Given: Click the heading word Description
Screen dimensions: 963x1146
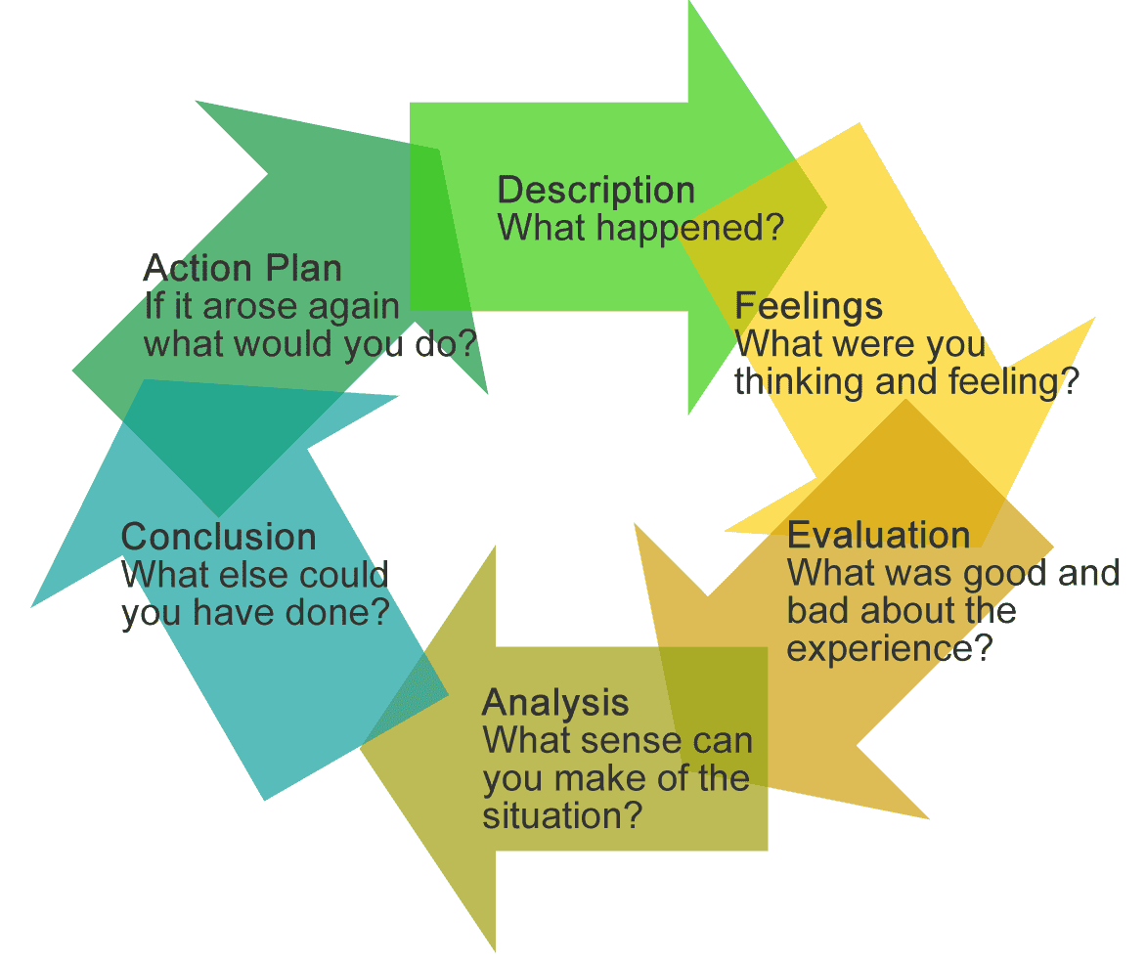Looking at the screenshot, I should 595,191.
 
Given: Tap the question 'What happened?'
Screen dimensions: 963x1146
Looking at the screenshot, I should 640,229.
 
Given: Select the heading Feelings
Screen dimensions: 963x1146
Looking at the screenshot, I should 808,306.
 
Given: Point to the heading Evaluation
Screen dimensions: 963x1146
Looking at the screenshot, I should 878,535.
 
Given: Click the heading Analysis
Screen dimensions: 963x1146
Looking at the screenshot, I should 554,702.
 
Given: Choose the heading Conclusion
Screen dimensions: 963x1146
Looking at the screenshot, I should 218,537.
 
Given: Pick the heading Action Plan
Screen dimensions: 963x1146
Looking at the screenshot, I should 242,268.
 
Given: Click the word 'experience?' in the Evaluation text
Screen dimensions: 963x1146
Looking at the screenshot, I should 890,648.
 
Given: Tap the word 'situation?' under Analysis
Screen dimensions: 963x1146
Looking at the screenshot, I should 562,814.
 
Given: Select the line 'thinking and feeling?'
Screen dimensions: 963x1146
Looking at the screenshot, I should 905,381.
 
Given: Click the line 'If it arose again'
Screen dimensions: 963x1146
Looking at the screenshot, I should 272,306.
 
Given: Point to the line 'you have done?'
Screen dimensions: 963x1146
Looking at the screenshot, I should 255,613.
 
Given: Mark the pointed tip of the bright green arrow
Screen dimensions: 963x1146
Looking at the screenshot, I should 826,207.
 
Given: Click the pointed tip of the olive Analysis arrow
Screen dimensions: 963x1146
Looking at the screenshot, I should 362,749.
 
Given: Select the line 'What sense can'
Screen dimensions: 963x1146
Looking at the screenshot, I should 617,740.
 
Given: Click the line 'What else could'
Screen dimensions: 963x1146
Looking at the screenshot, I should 254,575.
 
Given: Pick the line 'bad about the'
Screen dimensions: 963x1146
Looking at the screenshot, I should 901,611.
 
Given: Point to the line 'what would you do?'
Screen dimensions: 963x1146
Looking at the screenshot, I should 310,344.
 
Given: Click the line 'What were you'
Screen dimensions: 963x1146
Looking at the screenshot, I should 859,344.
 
